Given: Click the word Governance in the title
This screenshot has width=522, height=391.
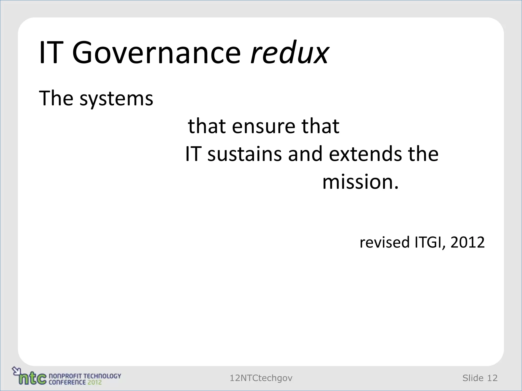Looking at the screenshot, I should coord(156,53).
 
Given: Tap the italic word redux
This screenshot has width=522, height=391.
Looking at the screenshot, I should coord(290,53).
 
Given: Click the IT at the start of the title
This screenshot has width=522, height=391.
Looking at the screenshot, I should coord(51,53).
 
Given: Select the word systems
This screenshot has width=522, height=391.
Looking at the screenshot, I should coord(116,99).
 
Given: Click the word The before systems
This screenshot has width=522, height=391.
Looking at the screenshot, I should coord(56,98).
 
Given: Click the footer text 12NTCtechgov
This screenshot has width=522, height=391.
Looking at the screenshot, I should coord(261,378).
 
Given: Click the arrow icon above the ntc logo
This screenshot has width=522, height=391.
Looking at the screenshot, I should coord(16,370).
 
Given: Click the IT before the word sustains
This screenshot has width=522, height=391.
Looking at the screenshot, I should coord(192,154).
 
